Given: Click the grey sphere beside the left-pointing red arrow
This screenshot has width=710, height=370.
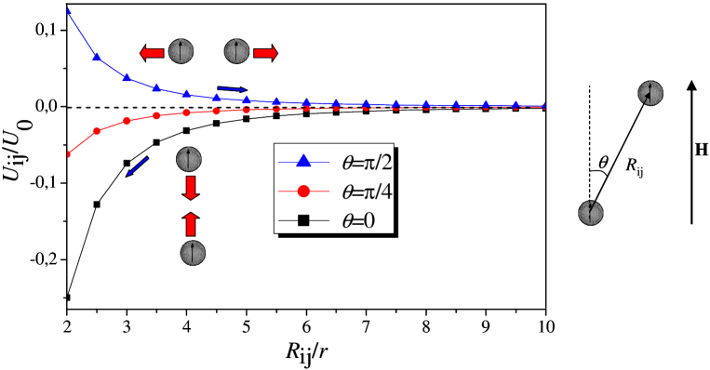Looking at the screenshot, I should tap(181, 52).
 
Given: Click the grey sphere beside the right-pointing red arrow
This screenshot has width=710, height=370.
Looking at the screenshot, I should tap(237, 52).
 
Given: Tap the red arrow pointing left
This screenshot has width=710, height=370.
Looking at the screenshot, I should tap(152, 53).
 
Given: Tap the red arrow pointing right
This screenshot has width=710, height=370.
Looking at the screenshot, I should tap(265, 53).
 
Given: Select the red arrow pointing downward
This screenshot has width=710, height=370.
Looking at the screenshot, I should tap(191, 189).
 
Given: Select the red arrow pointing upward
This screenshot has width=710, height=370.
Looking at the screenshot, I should tap(191, 224).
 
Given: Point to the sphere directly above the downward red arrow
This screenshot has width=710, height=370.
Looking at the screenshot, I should tap(189, 160).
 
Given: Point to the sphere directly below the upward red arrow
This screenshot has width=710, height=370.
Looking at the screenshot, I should tap(193, 253).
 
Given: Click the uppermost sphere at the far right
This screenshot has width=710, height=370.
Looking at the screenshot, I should tap(650, 93).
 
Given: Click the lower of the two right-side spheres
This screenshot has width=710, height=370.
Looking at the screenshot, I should tap(590, 213).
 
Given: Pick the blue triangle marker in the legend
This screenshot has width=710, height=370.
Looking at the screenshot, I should tap(303, 162).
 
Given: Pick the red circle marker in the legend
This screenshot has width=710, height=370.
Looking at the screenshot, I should tap(303, 192).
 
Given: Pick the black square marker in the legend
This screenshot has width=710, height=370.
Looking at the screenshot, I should tap(303, 220).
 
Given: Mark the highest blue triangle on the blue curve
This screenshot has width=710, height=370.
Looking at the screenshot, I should tap(97, 57).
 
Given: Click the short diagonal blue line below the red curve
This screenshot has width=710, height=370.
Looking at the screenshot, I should tap(138, 166).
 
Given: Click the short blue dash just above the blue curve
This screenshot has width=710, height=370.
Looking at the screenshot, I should tap(232, 88).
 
